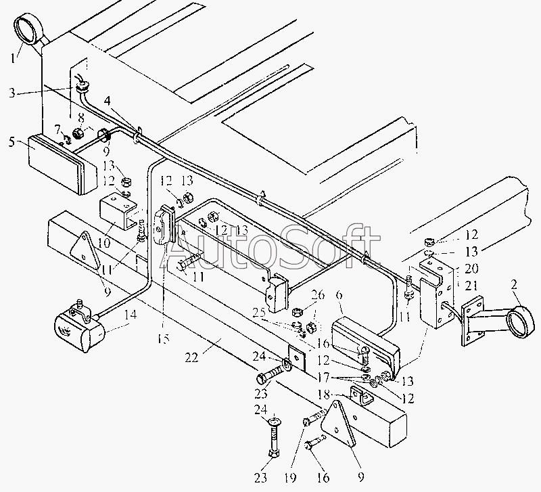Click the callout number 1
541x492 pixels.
[13, 58]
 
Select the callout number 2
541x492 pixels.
[514, 286]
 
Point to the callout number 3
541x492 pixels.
[12, 93]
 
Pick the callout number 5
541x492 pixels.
[12, 142]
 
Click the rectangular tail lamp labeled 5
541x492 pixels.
[62, 164]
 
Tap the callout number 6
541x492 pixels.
[339, 296]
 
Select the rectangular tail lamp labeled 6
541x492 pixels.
[366, 346]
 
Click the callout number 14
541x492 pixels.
[130, 315]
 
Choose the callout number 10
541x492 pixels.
[104, 243]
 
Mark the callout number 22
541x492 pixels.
[191, 357]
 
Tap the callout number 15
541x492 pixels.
[164, 339]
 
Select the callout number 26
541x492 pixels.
[317, 295]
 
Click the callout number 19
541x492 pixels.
[290, 478]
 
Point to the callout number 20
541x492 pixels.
[471, 268]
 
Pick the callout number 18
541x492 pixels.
[323, 395]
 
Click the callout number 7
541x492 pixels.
[59, 129]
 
